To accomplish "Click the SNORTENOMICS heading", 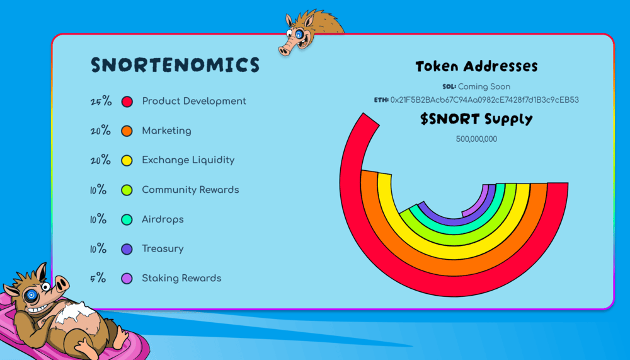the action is (175, 65).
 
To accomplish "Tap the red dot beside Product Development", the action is (127, 102).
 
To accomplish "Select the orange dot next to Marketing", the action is (127, 131).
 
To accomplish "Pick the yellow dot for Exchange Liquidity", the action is (127, 161).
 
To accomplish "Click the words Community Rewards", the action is (190, 190).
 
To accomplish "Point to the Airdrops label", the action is (163, 219).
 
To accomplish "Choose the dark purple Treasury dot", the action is (127, 249).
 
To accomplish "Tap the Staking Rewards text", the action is (181, 278).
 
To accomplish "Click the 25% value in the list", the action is (101, 101).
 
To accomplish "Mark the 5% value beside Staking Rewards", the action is (98, 278).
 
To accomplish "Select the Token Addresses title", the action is (476, 66).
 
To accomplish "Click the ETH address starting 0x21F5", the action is (484, 100).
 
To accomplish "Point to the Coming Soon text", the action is (484, 86).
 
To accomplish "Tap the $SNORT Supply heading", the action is (476, 119).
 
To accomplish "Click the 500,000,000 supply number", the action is (476, 139).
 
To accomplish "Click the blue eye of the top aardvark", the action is (299, 35).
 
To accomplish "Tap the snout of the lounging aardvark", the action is (60, 284).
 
